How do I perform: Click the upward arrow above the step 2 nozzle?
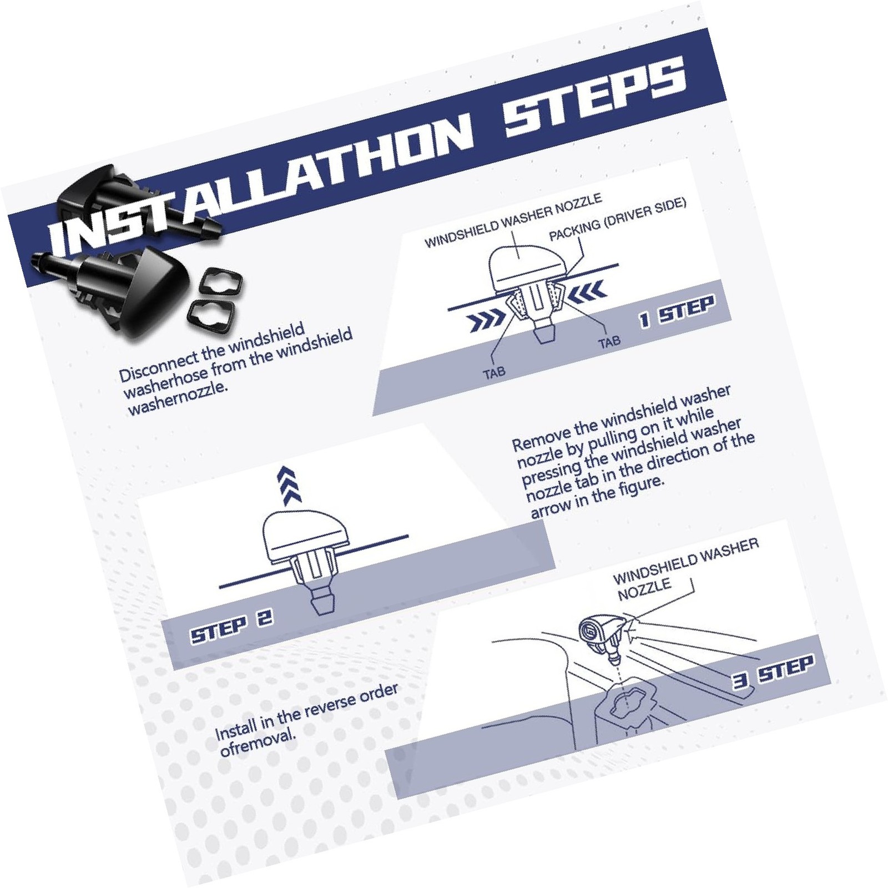click(x=290, y=485)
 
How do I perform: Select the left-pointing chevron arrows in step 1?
click(x=586, y=292)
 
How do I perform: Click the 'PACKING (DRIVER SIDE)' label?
click(x=617, y=219)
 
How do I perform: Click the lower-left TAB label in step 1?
click(x=494, y=372)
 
